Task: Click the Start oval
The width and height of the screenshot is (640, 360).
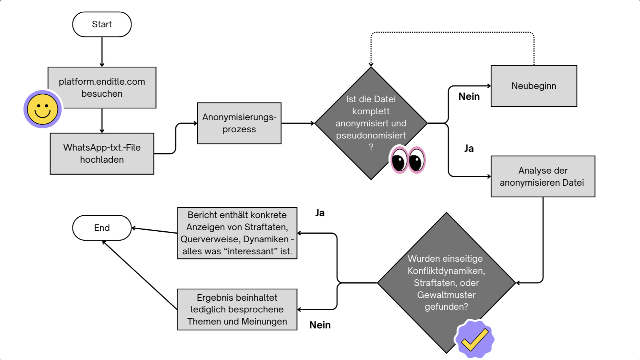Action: (102, 24)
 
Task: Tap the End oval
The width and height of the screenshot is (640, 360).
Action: (102, 228)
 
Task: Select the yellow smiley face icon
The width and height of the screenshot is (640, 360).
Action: (43, 110)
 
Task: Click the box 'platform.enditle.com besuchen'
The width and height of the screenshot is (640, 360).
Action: (102, 87)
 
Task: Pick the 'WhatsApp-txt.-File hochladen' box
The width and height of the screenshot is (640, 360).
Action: (102, 154)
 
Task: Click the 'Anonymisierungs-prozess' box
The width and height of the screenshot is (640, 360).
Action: (239, 123)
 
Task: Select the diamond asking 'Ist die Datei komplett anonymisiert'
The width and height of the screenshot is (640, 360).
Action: (371, 123)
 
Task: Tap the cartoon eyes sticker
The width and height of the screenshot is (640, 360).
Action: (408, 160)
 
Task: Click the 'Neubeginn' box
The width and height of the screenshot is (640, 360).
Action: (534, 86)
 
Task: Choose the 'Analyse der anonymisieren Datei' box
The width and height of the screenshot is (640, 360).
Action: (542, 176)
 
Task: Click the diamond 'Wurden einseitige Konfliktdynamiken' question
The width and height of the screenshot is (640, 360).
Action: (446, 282)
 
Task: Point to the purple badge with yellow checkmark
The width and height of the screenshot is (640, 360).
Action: (475, 339)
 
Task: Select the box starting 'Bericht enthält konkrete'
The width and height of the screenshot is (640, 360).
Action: (237, 233)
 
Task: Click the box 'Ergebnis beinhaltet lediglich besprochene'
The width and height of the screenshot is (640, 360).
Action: (237, 310)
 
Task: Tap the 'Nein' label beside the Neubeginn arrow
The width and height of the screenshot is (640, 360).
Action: (469, 96)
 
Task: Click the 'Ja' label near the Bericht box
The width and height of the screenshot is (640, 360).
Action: (320, 213)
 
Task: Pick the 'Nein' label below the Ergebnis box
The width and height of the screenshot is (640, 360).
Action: (320, 325)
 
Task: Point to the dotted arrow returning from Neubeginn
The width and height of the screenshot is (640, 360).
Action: (452, 32)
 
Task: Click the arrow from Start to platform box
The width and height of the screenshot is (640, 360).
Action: (102, 52)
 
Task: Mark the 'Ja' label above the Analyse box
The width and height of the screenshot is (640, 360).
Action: (469, 148)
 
